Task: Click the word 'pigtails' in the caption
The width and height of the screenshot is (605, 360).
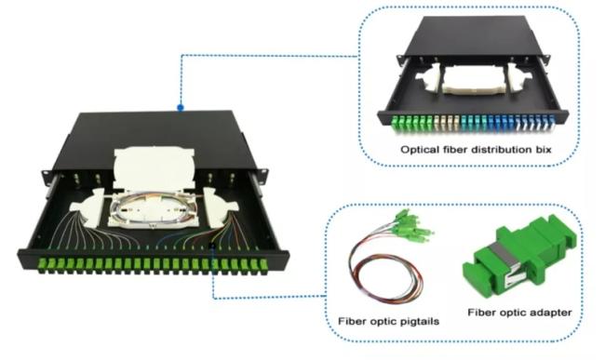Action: [x=420, y=321]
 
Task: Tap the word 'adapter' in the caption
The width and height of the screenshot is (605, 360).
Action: [x=547, y=313]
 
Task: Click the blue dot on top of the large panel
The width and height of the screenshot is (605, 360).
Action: [x=181, y=108]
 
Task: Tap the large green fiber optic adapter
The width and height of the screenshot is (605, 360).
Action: [x=519, y=257]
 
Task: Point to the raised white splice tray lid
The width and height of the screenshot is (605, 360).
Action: [x=154, y=167]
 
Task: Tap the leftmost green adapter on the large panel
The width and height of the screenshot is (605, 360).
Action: [x=42, y=264]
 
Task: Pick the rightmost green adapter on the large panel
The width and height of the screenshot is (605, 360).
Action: [x=263, y=265]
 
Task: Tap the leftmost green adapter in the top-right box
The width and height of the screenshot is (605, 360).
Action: [x=395, y=124]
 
